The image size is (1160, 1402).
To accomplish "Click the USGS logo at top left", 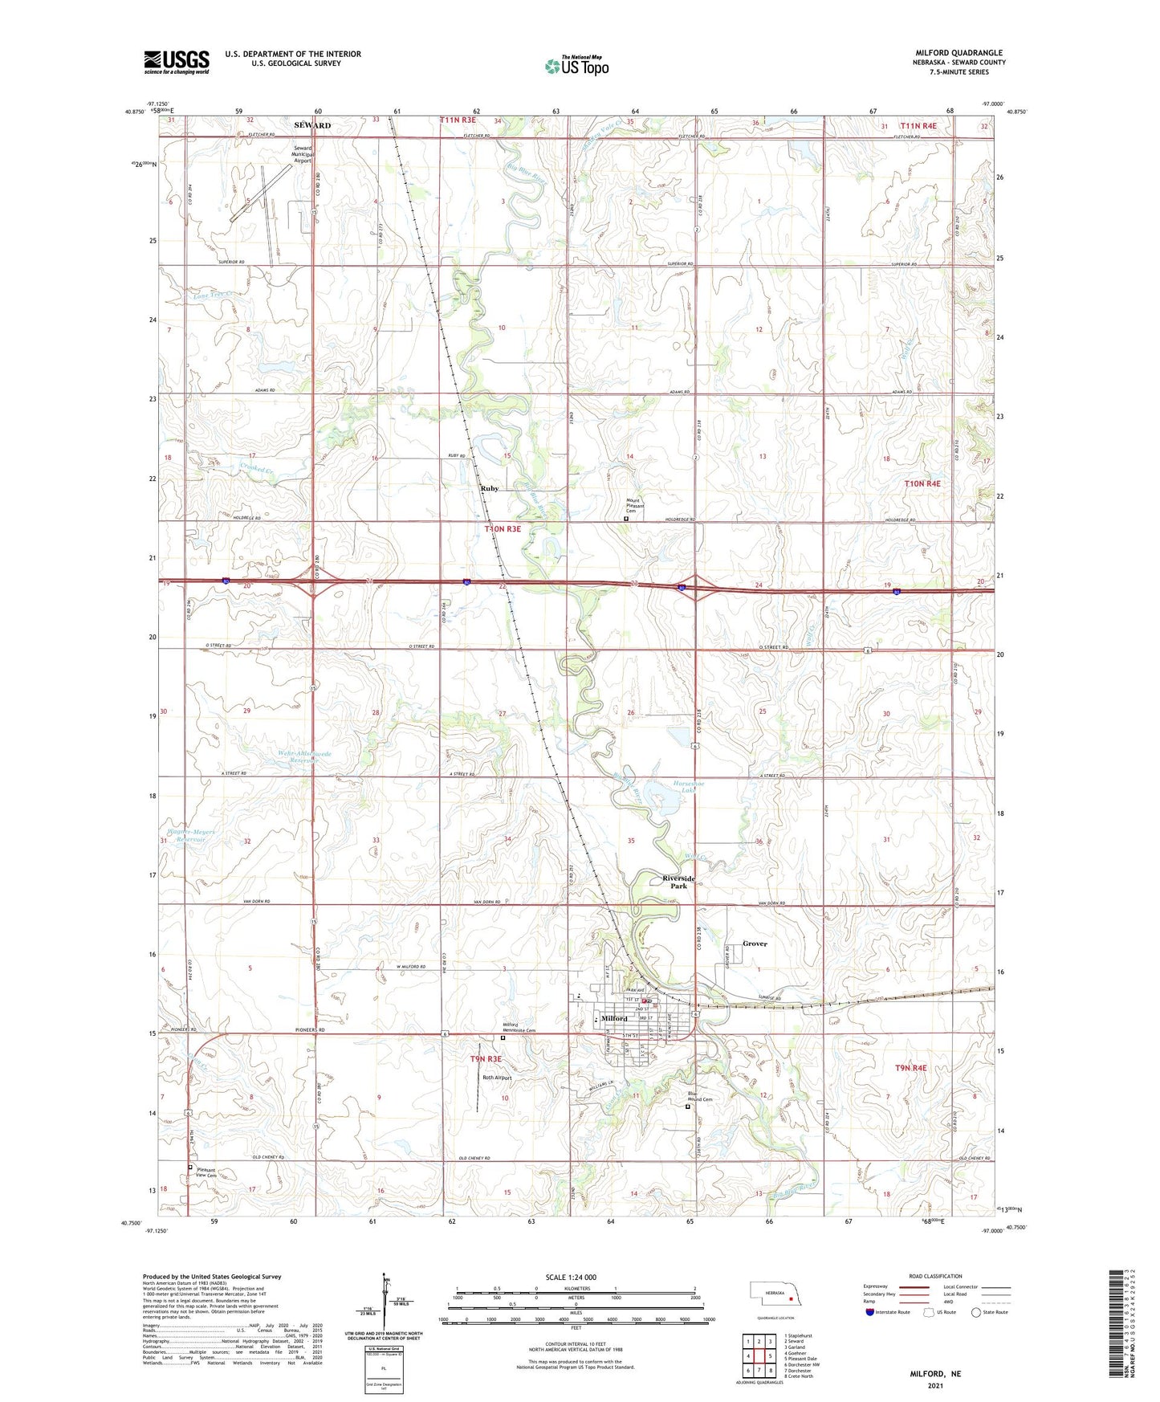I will [x=177, y=62].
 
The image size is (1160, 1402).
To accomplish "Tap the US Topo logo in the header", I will [x=576, y=66].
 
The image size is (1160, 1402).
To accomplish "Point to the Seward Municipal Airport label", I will [x=303, y=154].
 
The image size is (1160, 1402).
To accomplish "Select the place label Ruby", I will [x=490, y=488].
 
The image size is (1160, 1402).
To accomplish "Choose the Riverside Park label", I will [x=679, y=882].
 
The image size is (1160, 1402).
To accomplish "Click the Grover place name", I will [x=755, y=943].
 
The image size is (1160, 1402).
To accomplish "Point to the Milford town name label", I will [x=614, y=1019].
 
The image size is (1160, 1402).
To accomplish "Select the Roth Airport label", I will [x=497, y=1078].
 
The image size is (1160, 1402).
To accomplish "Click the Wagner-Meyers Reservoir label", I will [x=191, y=835].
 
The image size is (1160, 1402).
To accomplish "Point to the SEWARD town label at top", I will [x=311, y=125].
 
